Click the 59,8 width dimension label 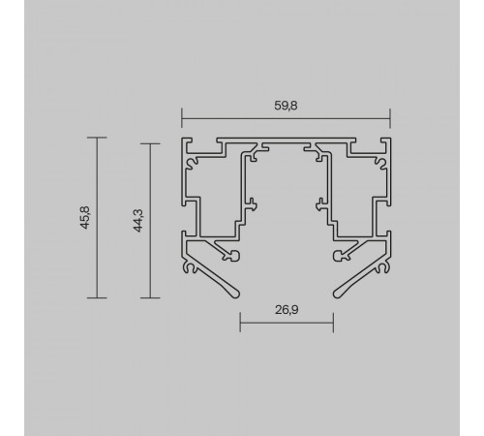point(286,106)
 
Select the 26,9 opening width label point(287,310)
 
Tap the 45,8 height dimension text point(85,217)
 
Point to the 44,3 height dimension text point(138,221)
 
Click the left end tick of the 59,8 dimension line point(182,118)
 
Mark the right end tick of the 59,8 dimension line point(390,118)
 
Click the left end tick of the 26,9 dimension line point(240,323)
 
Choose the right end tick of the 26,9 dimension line point(333,323)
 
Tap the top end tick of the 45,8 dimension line point(97,138)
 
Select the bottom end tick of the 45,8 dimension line point(97,297)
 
